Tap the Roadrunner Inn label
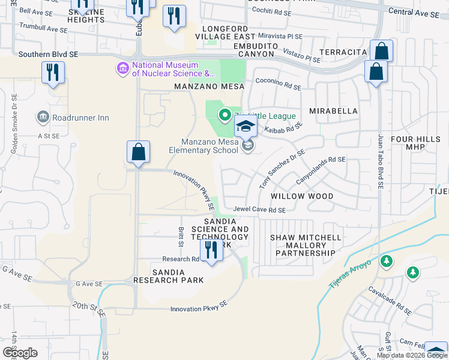click(x=81, y=118)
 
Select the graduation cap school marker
click(x=246, y=127)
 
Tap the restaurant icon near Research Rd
click(x=211, y=249)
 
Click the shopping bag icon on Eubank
click(x=139, y=152)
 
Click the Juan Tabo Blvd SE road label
click(x=380, y=162)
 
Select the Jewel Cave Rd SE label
click(x=259, y=210)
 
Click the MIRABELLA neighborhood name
click(x=333, y=111)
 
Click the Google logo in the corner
click(x=20, y=352)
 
